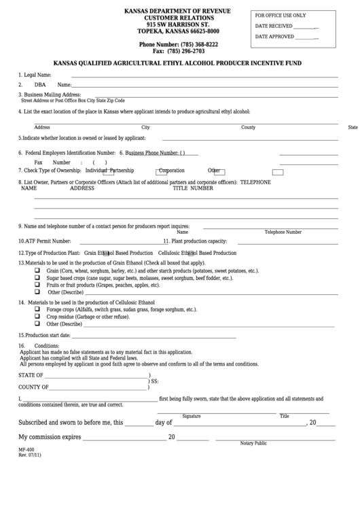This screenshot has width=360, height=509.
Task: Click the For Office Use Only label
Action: (x=281, y=15)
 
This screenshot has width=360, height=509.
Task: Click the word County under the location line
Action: (x=248, y=127)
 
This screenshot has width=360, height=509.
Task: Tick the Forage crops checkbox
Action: (x=37, y=309)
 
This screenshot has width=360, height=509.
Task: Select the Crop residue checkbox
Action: (x=37, y=317)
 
